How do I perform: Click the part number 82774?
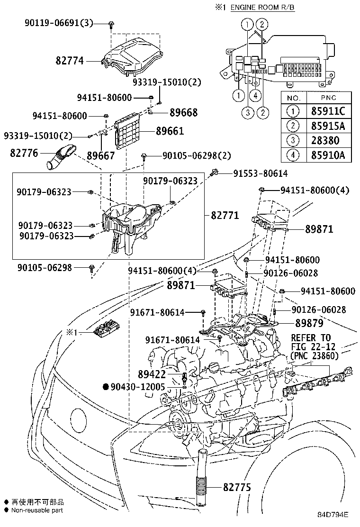70,61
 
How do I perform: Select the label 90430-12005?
137,387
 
